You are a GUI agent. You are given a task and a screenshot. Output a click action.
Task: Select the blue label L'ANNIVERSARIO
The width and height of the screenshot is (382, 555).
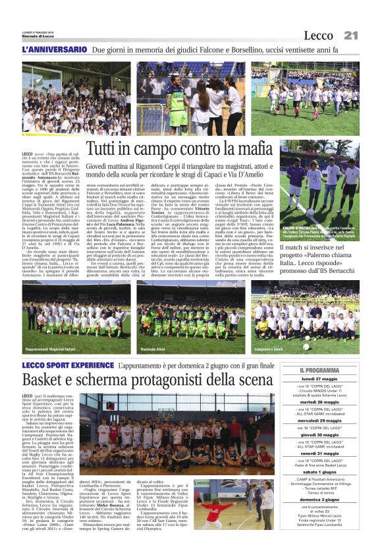[x=54, y=49]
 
